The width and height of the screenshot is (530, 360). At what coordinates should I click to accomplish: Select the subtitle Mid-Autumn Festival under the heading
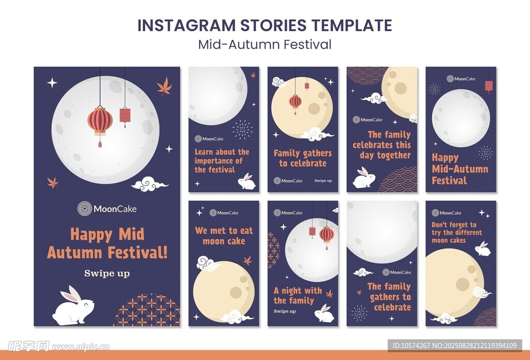(x=264, y=45)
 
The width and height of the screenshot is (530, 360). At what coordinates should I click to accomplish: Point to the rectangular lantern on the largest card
(x=125, y=117)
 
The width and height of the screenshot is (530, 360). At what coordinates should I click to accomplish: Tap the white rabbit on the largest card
(x=73, y=305)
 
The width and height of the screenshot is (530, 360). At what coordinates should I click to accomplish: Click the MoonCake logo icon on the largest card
(x=84, y=208)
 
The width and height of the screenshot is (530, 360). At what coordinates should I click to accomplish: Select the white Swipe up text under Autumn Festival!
(x=107, y=273)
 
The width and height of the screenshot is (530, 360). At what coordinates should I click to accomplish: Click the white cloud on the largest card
(x=149, y=184)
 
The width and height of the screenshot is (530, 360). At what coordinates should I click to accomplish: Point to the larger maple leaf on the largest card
(x=165, y=86)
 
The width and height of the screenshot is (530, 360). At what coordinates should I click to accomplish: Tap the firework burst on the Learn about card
(x=242, y=129)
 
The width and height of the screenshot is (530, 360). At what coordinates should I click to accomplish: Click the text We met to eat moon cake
(x=224, y=236)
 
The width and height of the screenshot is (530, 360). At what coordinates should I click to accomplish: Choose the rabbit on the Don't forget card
(x=483, y=249)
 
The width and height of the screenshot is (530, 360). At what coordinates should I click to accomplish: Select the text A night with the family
(x=298, y=295)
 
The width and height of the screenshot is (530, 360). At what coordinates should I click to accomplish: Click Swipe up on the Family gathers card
(x=323, y=181)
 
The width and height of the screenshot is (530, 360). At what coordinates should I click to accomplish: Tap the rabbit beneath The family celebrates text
(x=364, y=178)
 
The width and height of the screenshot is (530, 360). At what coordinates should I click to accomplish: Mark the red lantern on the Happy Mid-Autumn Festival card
(x=489, y=87)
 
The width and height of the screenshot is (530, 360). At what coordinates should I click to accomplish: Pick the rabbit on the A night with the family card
(x=324, y=313)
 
